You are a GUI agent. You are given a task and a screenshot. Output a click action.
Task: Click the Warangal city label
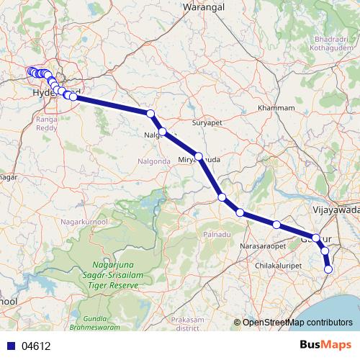pos(203,6)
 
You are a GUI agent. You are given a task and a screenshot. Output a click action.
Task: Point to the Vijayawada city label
pos(337,210)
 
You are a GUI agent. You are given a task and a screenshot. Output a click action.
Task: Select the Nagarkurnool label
pos(86,221)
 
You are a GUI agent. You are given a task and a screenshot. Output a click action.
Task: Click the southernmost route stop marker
pos(329,269)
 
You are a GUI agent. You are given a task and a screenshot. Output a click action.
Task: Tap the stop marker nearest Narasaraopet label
pos(276,225)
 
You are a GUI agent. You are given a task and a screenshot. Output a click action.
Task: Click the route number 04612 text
pos(36,346)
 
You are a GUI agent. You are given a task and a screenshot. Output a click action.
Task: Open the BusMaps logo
pos(325,345)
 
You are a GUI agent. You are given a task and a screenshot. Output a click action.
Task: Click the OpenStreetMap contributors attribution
pos(297,323)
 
